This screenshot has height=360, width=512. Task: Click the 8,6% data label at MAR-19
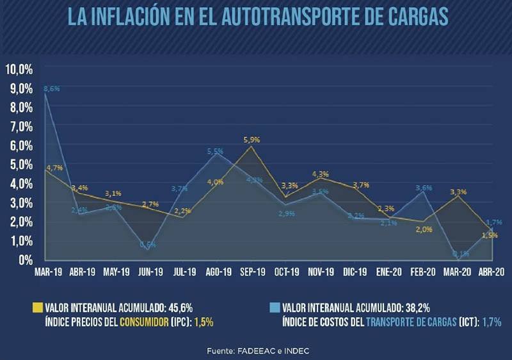pyautogui.click(x=51, y=89)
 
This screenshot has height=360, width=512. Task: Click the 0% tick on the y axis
pyautogui.click(x=26, y=260)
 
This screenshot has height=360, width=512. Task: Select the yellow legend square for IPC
pyautogui.click(x=37, y=306)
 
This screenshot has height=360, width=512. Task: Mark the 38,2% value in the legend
pyautogui.click(x=417, y=306)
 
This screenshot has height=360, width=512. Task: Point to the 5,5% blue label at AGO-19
pyautogui.click(x=215, y=151)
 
